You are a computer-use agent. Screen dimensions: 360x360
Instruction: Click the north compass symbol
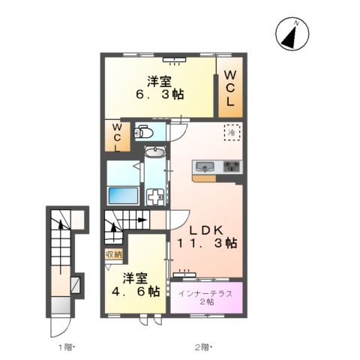292,34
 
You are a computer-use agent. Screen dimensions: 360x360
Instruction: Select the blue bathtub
123,196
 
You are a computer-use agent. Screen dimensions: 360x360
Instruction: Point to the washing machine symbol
155,196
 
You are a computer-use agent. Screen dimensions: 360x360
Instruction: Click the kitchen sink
204,166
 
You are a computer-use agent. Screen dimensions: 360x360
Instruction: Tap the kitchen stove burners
229,166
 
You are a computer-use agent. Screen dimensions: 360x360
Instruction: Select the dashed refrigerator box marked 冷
232,133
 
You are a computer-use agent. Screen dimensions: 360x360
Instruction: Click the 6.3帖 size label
158,95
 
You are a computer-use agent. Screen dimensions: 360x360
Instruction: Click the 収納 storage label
113,255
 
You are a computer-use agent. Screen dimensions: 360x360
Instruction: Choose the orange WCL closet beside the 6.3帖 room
230,88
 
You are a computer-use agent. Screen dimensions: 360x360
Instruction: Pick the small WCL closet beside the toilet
117,138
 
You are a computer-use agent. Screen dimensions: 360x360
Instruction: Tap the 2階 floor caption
203,347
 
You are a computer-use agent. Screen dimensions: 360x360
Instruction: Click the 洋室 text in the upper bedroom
158,81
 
